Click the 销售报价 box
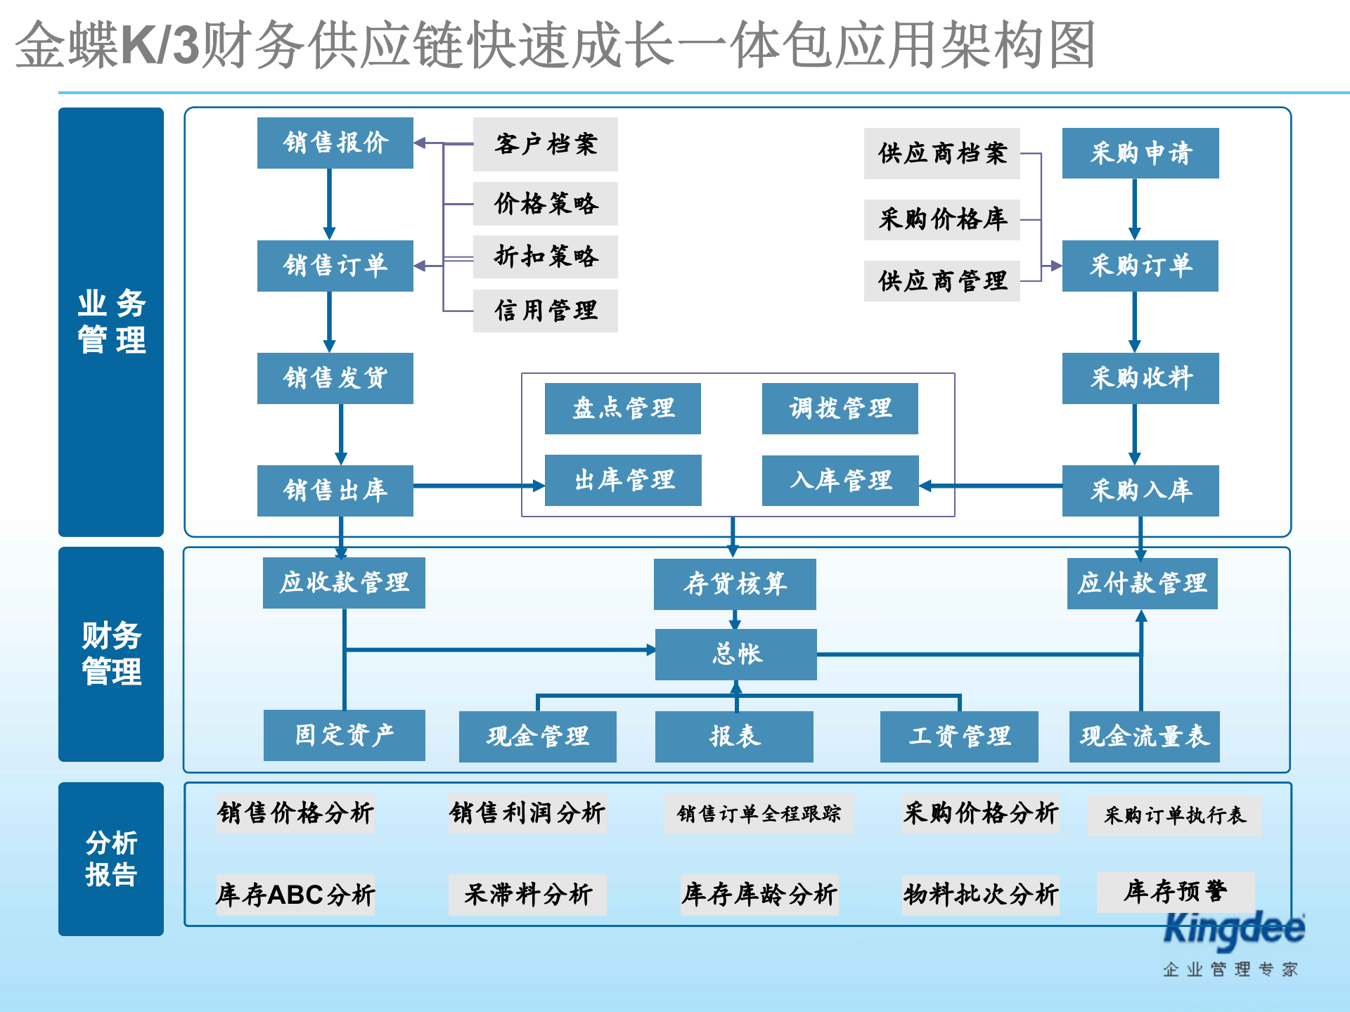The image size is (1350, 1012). tap(335, 143)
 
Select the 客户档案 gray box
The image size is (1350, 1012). tap(545, 144)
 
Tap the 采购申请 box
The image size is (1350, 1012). tap(1140, 153)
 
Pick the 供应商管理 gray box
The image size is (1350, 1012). tap(941, 281)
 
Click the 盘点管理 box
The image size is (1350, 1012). tap(622, 408)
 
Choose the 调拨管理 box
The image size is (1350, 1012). tap(840, 408)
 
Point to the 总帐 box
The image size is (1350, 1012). tap(735, 654)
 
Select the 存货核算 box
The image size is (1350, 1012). tap(734, 584)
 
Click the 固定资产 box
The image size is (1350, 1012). tap(344, 735)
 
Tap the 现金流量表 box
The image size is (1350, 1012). tap(1144, 737)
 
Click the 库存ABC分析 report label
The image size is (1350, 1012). tap(295, 895)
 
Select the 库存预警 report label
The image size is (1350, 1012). tap(1175, 892)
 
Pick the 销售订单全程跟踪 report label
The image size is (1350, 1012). tap(759, 815)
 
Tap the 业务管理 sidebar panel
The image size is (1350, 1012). tap(111, 322)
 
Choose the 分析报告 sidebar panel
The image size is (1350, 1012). tap(111, 859)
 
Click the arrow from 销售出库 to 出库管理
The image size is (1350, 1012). tap(478, 486)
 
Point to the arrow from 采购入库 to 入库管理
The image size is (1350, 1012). tap(991, 486)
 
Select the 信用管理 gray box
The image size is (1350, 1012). tap(545, 311)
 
